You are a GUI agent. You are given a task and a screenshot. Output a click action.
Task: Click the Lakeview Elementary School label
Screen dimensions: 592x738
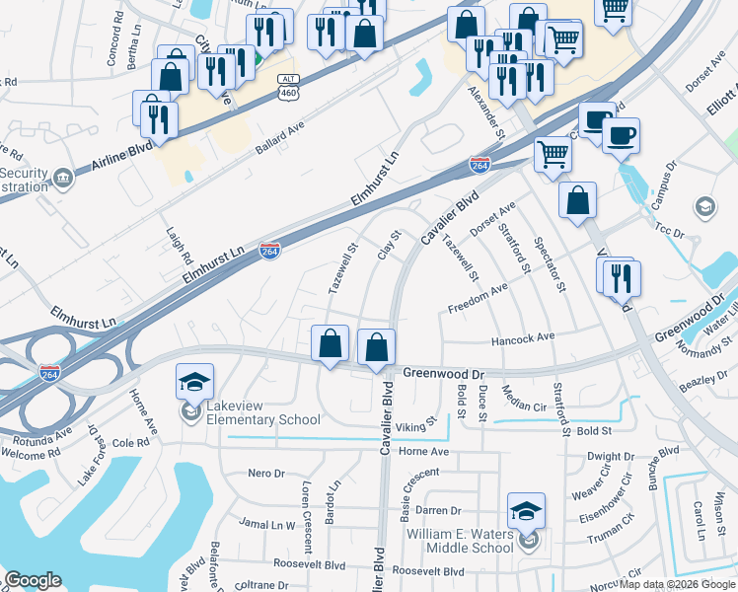pos(263,411)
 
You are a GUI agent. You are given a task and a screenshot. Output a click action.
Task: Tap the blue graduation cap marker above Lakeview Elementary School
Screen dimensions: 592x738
pos(194,381)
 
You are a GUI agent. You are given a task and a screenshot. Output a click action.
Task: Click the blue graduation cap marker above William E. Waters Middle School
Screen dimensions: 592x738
pos(526,511)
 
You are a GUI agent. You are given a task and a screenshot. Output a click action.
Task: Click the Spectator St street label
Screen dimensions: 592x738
pos(550,263)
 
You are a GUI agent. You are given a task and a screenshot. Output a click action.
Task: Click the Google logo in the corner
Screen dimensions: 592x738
pos(33,580)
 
